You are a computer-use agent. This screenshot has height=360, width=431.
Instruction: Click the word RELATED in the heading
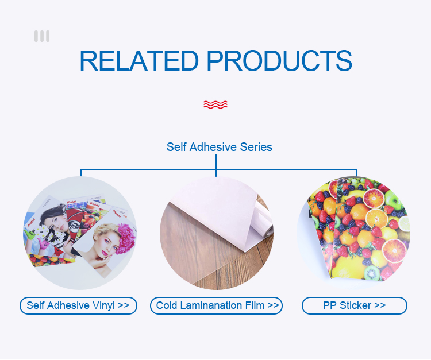(x=139, y=61)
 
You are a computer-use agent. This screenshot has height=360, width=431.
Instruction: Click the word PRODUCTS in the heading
(x=279, y=61)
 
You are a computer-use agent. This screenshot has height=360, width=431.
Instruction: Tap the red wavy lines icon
(x=215, y=104)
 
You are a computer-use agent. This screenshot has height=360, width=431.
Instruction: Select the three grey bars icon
(x=42, y=36)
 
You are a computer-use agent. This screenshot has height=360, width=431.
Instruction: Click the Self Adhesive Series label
(x=220, y=147)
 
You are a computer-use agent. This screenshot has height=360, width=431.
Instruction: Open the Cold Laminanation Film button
(x=216, y=305)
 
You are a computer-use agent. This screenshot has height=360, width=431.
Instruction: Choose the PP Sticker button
(x=355, y=305)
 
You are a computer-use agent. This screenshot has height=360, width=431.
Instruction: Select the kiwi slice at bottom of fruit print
(x=372, y=273)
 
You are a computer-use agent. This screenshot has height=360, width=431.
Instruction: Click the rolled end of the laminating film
(x=264, y=222)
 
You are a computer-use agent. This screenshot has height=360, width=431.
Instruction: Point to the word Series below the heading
(x=256, y=147)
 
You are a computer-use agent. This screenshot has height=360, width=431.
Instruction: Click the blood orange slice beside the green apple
(x=374, y=198)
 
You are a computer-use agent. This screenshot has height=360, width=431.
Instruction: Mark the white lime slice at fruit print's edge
(x=405, y=223)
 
